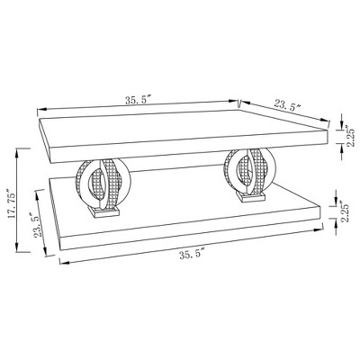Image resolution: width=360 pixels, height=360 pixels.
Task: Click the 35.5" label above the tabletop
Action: click(x=139, y=100)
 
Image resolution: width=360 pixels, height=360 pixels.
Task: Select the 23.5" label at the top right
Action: click(x=287, y=106)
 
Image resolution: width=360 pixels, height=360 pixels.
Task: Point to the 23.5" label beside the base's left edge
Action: click(x=38, y=225)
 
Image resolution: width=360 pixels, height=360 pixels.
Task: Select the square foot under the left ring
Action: click(x=103, y=211)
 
